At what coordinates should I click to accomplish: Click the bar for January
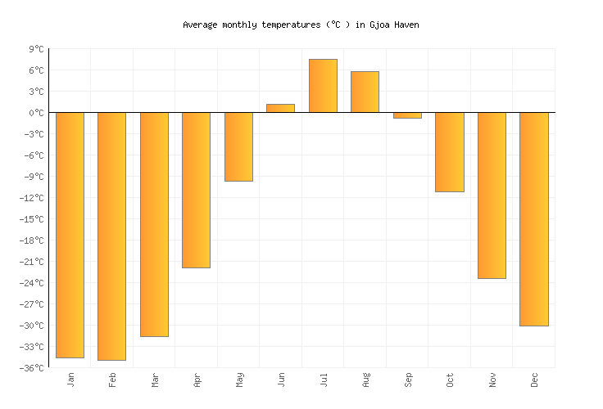pyautogui.click(x=70, y=235)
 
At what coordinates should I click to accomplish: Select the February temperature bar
pyautogui.click(x=111, y=236)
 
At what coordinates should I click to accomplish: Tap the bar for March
pyautogui.click(x=154, y=224)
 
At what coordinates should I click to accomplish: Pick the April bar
pyautogui.click(x=196, y=190)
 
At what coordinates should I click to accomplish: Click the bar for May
pyautogui.click(x=238, y=146)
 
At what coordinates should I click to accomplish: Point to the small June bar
pyautogui.click(x=280, y=108)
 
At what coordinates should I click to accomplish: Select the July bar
pyautogui.click(x=323, y=86)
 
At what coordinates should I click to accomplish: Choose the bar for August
pyautogui.click(x=365, y=92)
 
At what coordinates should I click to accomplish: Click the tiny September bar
pyautogui.click(x=407, y=115)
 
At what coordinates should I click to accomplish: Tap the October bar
pyautogui.click(x=449, y=152)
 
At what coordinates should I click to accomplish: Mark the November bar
pyautogui.click(x=492, y=196)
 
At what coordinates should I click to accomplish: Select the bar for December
pyautogui.click(x=533, y=219)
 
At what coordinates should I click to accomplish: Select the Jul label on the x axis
pyautogui.click(x=324, y=380)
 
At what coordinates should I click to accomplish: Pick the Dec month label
pyautogui.click(x=534, y=380)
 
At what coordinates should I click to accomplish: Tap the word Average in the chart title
pyautogui.click(x=200, y=25)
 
